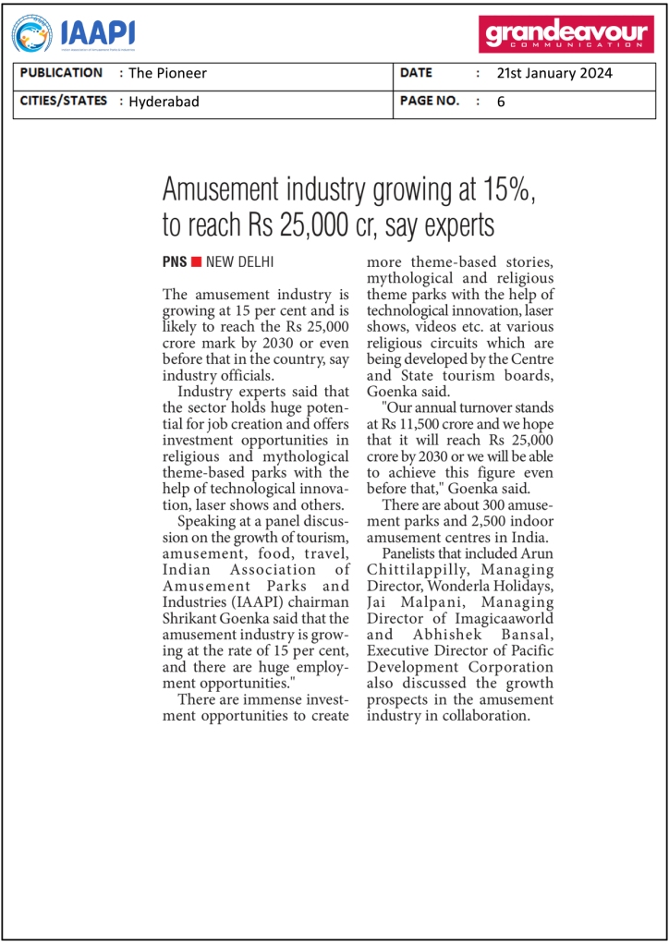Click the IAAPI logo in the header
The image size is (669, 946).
pyautogui.click(x=73, y=34)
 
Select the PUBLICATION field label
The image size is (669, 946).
pyautogui.click(x=61, y=73)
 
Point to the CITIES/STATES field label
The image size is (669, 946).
pyautogui.click(x=64, y=101)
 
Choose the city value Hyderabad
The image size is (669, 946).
pyautogui.click(x=164, y=102)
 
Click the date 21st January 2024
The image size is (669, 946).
pyautogui.click(x=554, y=74)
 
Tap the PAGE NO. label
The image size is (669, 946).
pyautogui.click(x=430, y=101)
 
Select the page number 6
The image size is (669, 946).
pyautogui.click(x=501, y=102)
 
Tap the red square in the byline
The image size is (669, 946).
pyautogui.click(x=196, y=262)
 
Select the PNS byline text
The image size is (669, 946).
pyautogui.click(x=175, y=262)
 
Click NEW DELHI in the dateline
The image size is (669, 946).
pyautogui.click(x=240, y=262)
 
